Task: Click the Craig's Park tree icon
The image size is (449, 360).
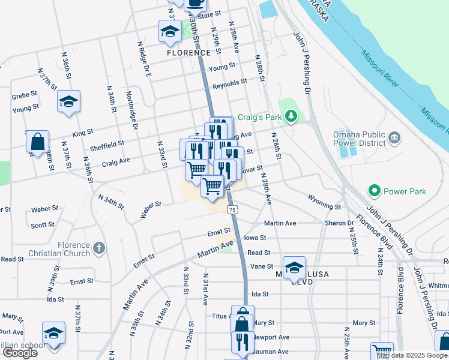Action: coord(291,115)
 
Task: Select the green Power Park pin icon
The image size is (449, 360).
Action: coord(375,191)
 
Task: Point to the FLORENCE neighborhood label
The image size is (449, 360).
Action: coord(188,53)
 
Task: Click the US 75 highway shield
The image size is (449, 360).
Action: coord(232,209)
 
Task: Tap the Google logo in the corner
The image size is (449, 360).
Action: coord(19,353)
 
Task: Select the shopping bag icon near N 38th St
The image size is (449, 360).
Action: coord(37,143)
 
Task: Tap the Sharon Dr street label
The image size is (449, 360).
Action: coord(339,223)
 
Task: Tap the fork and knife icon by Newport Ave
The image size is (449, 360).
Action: coord(243,342)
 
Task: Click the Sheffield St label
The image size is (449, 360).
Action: coord(106,145)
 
